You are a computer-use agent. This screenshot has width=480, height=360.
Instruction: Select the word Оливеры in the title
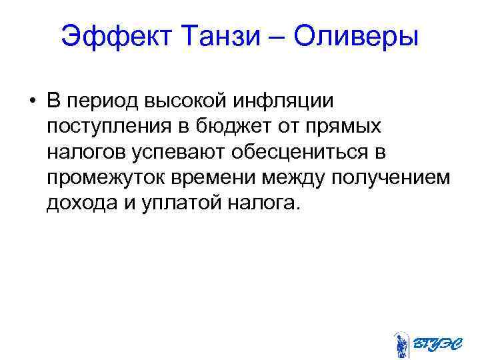coord(356,36)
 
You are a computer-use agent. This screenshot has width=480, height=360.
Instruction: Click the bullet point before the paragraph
coord(31,101)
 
